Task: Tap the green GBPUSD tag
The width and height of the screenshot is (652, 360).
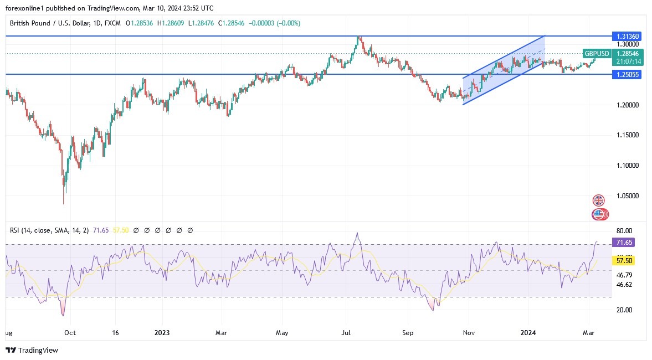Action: point(597,54)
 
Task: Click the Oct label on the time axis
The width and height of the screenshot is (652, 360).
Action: point(70,333)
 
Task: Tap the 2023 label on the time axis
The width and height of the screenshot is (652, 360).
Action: point(162,333)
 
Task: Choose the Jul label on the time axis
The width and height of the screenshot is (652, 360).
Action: point(347,333)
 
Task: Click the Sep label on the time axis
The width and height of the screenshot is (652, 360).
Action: point(408,333)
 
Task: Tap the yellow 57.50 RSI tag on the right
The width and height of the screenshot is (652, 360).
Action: point(626,260)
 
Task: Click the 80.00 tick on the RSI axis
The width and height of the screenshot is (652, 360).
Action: point(624,231)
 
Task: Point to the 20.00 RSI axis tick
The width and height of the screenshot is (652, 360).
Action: point(624,310)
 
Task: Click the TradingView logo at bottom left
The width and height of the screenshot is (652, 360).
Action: point(32,351)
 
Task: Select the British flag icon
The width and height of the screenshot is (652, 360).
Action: point(599,200)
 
